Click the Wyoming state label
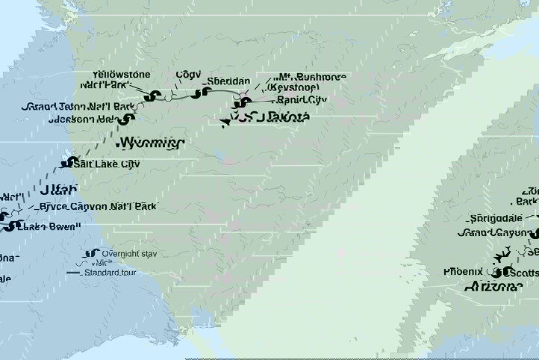(150, 142)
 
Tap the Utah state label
(60, 190)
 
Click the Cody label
(187, 75)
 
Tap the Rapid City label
(299, 99)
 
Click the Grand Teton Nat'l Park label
(78, 107)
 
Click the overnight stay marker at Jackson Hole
(129, 118)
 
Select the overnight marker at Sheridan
(199, 93)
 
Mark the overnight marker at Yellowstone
(155, 96)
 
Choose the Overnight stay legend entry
(127, 254)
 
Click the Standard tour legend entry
(127, 273)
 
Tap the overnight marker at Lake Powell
(9, 226)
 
